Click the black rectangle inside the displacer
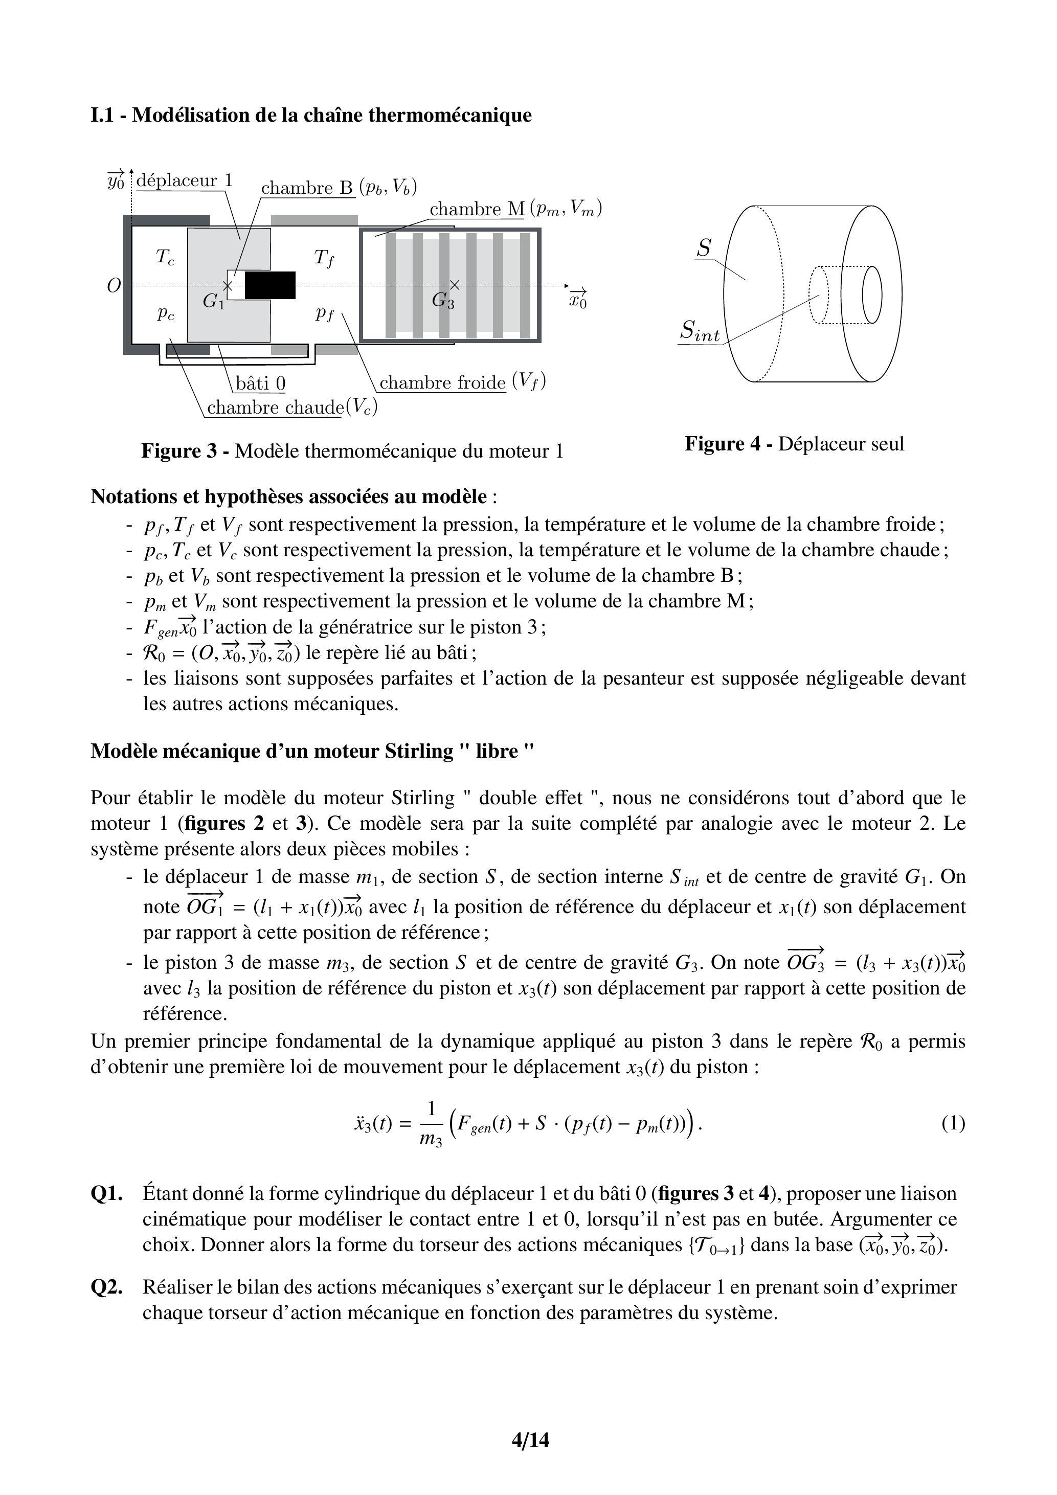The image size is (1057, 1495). click(x=269, y=285)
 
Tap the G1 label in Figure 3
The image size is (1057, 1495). click(x=213, y=302)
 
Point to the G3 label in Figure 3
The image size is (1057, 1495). click(x=443, y=301)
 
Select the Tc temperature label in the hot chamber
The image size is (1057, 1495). click(x=165, y=258)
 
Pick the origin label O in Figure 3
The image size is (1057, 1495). click(x=114, y=286)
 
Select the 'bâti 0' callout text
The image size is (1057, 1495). click(x=260, y=383)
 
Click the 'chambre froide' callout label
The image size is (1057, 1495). click(x=442, y=382)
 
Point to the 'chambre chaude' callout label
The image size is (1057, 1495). click(x=275, y=407)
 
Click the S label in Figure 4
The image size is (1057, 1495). click(x=704, y=248)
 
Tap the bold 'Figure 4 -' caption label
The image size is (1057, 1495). click(x=728, y=444)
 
